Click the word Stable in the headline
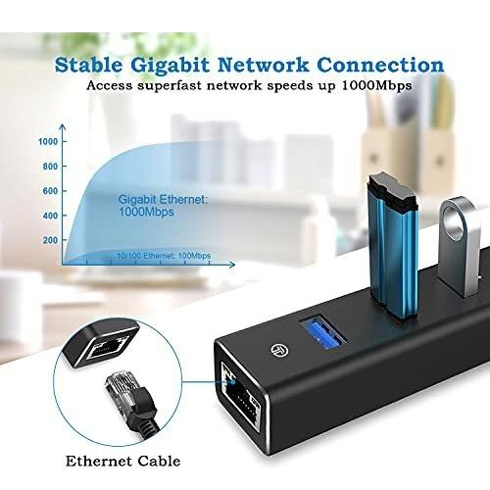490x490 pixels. [x=88, y=66]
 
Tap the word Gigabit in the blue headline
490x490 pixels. [x=170, y=67]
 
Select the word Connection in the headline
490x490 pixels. [x=380, y=65]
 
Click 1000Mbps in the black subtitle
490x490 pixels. [x=376, y=86]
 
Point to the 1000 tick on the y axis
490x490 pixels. [x=48, y=141]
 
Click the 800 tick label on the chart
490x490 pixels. [x=50, y=167]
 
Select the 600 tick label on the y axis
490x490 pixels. [x=50, y=191]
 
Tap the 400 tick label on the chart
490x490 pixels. [x=50, y=216]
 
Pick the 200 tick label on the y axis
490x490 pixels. [x=50, y=240]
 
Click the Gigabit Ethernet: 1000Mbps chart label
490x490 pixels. [x=163, y=206]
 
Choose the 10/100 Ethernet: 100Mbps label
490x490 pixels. [x=164, y=256]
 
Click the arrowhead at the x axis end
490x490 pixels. [x=232, y=265]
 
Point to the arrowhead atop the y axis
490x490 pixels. [x=63, y=127]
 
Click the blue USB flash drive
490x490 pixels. [x=393, y=248]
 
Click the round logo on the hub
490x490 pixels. [x=279, y=350]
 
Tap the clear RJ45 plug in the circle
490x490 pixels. [x=122, y=387]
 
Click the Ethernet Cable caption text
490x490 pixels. [x=123, y=462]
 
